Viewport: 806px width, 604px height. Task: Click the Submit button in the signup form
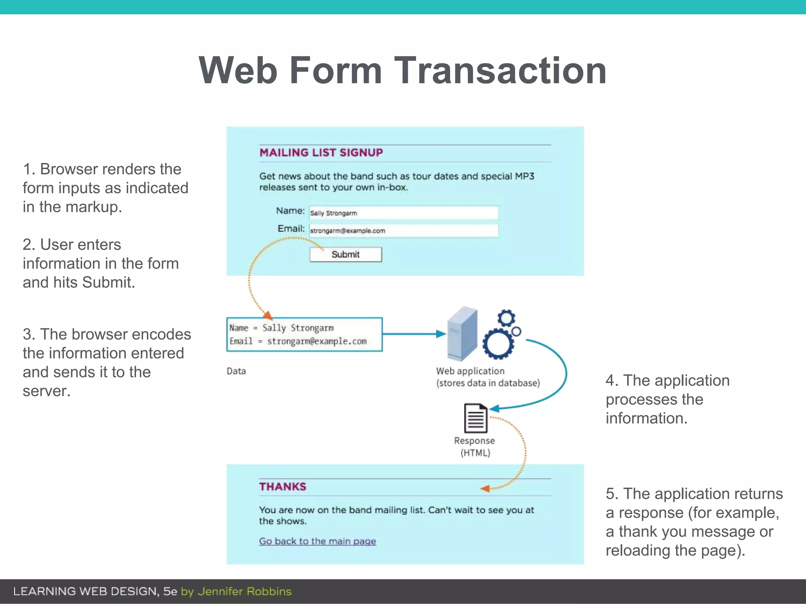tap(346, 254)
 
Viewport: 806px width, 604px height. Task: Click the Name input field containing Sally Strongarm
tap(403, 213)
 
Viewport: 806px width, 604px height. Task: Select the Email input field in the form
tap(403, 231)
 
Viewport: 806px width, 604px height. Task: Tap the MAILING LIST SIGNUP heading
tap(321, 153)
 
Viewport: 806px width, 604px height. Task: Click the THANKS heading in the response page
tap(283, 487)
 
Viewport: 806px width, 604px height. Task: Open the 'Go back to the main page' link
tap(317, 541)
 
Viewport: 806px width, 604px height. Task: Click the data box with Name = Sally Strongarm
tap(304, 335)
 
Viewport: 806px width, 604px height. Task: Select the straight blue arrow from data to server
tap(413, 334)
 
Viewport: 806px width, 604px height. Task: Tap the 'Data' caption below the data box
tap(236, 371)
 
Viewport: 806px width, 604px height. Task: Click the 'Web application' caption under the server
tap(470, 371)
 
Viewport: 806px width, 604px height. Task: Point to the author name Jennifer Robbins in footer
tap(244, 591)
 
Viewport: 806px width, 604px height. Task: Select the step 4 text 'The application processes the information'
tap(667, 399)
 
